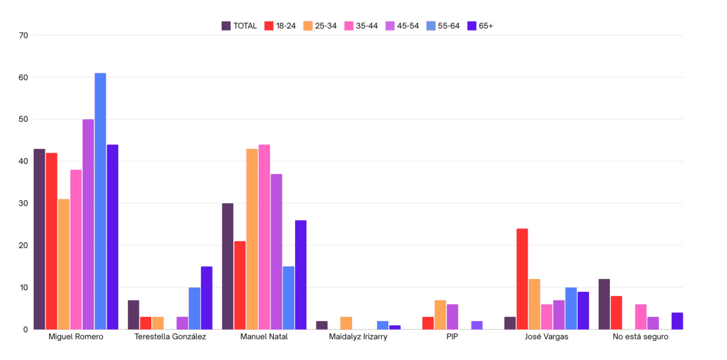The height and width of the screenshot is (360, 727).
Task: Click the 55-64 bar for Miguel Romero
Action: coord(100,201)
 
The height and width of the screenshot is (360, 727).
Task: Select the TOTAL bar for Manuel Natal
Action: coord(228,266)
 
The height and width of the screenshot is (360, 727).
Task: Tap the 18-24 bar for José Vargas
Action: coord(522,279)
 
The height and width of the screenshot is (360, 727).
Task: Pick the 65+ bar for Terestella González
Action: coord(206,298)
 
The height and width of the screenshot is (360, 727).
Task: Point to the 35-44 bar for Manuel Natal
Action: coord(264,237)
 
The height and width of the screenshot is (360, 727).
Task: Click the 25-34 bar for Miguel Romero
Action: coord(64,264)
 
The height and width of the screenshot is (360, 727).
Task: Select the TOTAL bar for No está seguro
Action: coord(604,304)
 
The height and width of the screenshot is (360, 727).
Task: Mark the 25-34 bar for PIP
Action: coord(440,315)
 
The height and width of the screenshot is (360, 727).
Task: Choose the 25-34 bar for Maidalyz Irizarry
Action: coord(346,323)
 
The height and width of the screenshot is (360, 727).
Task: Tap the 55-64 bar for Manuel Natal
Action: coord(288,298)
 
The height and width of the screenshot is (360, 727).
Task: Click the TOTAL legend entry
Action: coord(239,26)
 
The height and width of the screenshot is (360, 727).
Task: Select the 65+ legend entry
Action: coord(480,26)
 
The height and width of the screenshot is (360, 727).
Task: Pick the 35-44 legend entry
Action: coord(361,26)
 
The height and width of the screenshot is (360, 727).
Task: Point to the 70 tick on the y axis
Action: coord(23,36)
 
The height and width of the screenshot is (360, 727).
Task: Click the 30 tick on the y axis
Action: coord(23,203)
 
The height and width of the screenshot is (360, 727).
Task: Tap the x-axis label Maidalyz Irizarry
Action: coord(358,337)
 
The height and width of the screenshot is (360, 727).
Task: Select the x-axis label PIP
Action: coord(452,337)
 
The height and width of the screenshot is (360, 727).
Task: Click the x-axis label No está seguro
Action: coord(640,337)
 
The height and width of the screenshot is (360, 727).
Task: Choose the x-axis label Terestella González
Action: coord(170,337)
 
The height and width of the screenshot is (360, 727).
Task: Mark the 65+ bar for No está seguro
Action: coord(677,321)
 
